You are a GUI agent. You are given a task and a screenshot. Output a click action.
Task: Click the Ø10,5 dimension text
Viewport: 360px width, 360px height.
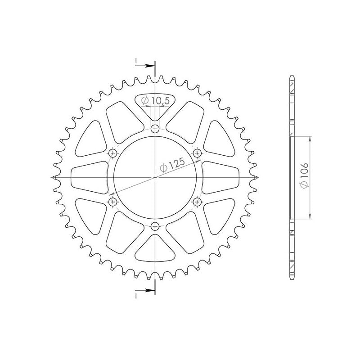155,100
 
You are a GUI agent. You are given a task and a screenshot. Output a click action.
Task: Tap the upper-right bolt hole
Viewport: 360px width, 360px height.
197,153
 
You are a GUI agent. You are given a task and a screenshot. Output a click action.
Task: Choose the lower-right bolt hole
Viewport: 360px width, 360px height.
197,202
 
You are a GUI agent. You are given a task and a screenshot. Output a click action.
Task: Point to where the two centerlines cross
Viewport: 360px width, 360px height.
155,178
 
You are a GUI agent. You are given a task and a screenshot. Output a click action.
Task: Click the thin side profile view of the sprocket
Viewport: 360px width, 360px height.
292,178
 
